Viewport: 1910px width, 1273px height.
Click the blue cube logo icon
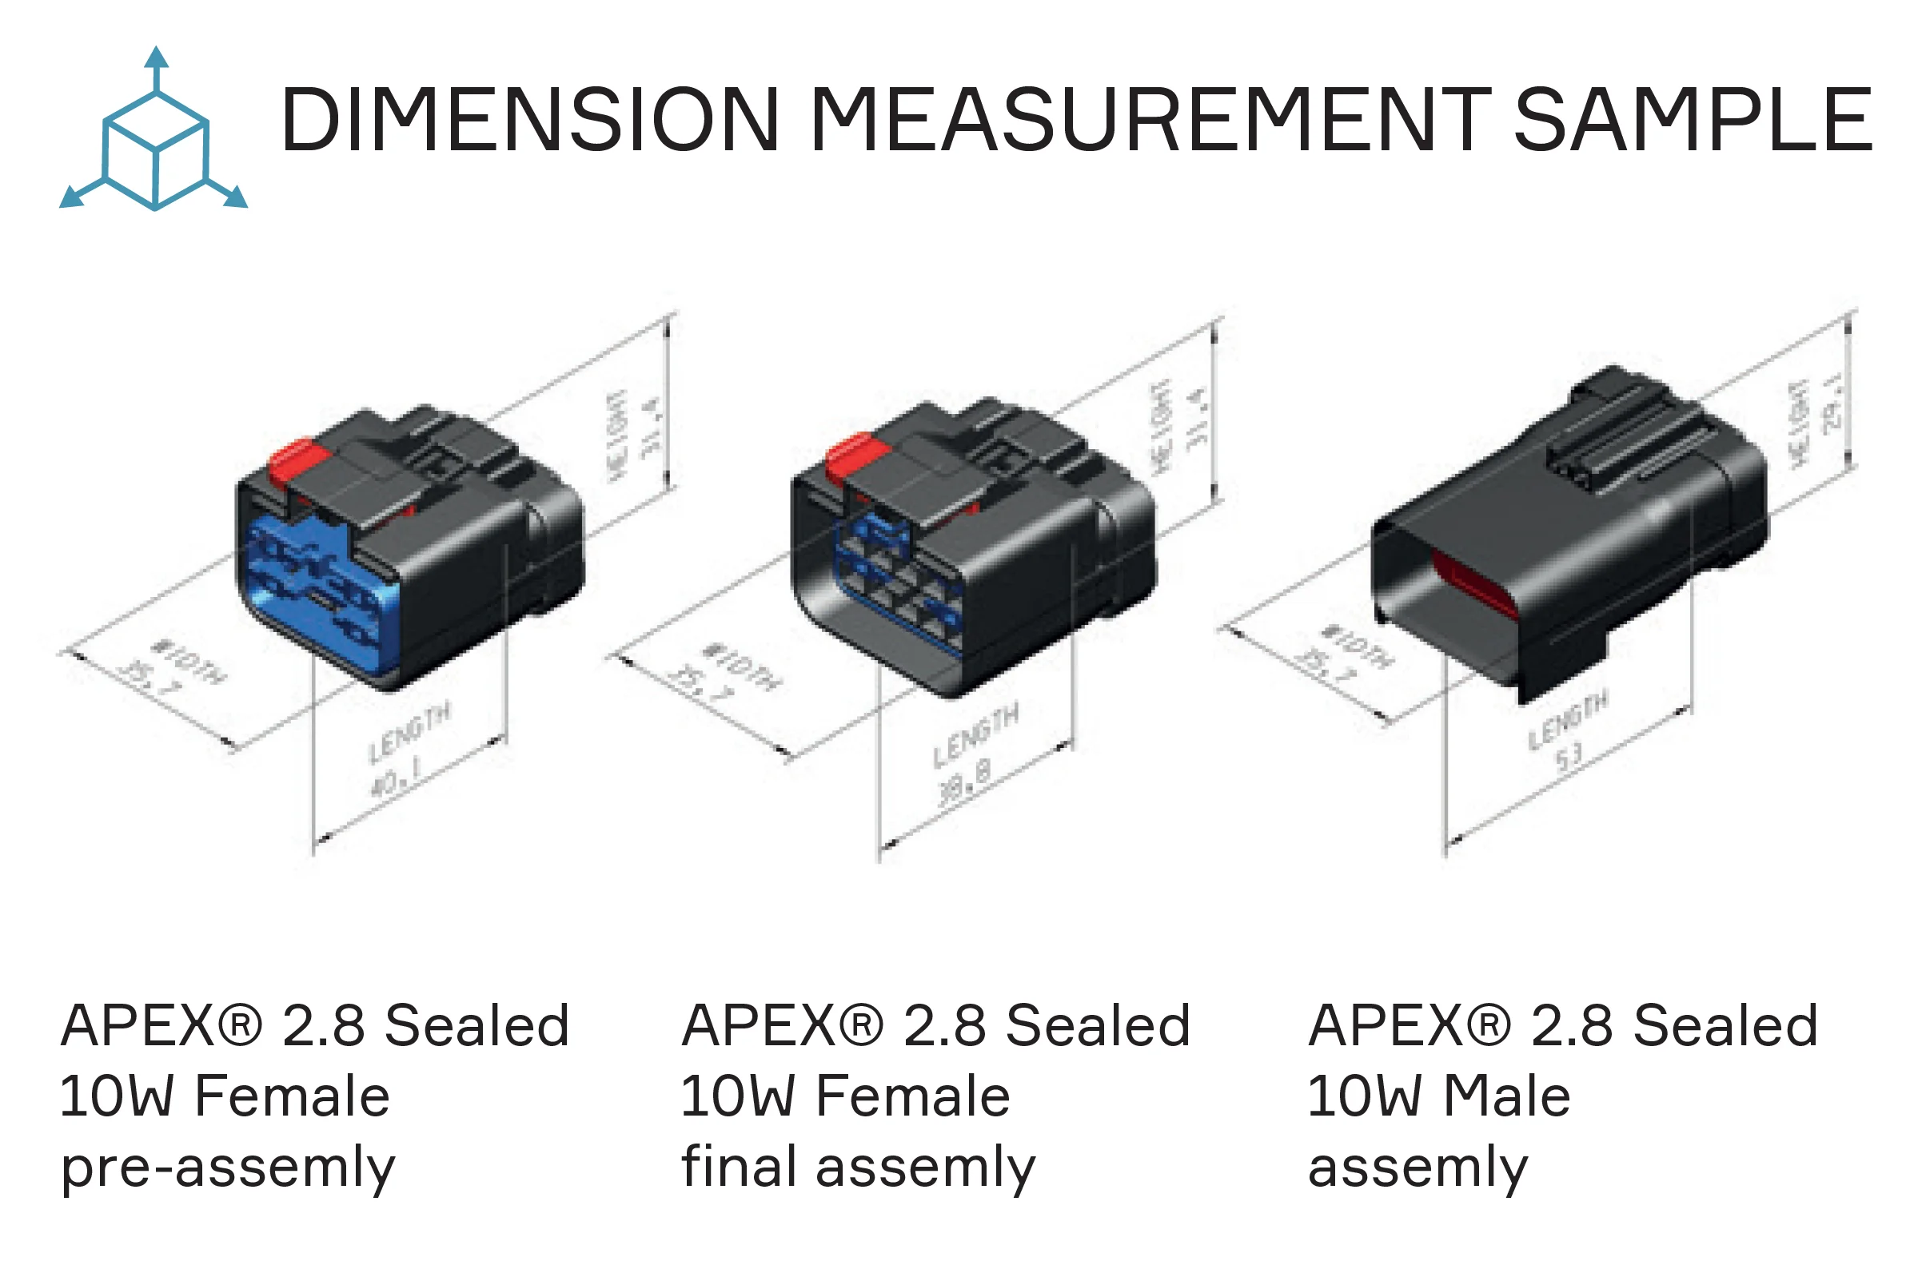click(154, 138)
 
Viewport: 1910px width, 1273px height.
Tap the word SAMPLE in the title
click(1693, 120)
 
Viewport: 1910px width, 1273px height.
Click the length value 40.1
click(396, 780)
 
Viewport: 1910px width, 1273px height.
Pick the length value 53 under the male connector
click(1569, 756)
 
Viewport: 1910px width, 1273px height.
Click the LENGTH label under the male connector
click(1567, 719)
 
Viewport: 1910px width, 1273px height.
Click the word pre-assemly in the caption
click(228, 1168)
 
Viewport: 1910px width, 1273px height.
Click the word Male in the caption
click(1506, 1096)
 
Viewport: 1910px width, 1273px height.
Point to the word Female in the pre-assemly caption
click(293, 1096)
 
